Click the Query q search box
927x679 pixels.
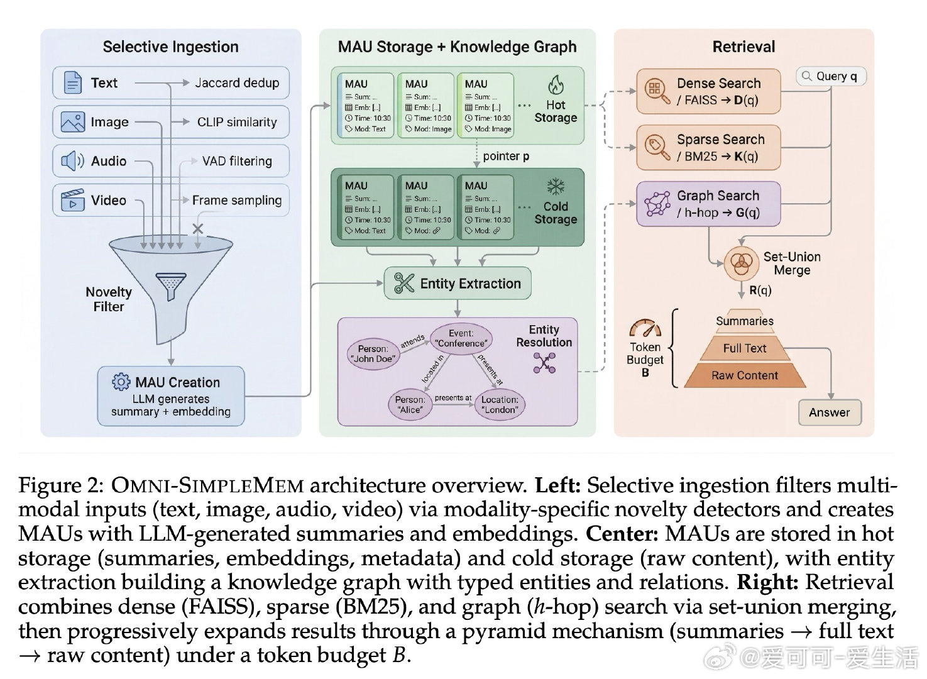point(831,76)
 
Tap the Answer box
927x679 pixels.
point(829,412)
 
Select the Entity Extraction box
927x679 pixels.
point(458,284)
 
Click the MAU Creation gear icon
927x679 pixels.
point(121,382)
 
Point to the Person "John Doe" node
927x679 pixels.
point(373,353)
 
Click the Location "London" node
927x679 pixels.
point(500,404)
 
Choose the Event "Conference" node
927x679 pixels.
point(461,338)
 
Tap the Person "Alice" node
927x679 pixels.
point(410,404)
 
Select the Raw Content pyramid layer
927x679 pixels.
point(744,375)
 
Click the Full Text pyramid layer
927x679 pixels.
point(744,348)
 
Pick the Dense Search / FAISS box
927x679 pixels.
point(708,92)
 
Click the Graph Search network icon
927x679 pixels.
point(657,204)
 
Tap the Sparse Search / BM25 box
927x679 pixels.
point(708,148)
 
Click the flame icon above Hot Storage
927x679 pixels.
point(555,84)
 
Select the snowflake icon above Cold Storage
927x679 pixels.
point(555,186)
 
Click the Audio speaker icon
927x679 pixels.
point(72,161)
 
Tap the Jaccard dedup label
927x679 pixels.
point(236,83)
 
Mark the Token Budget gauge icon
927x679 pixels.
point(645,328)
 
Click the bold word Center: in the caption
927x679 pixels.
point(621,534)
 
